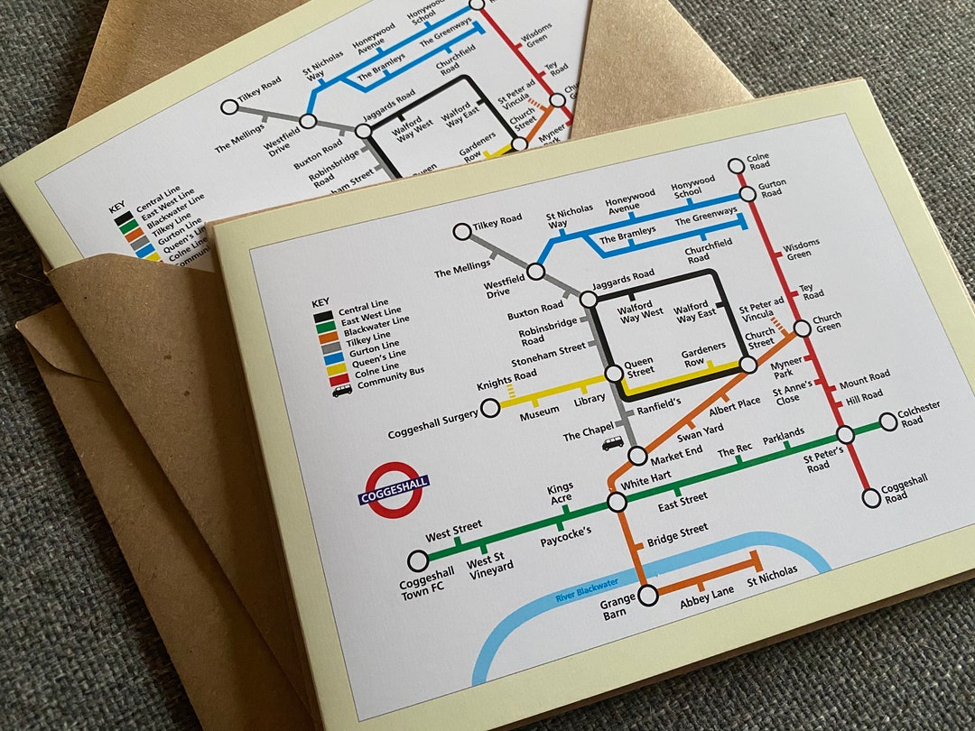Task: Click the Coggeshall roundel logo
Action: [394, 490]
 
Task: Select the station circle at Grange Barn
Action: [649, 595]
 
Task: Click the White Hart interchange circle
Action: [617, 502]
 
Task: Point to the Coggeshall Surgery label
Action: [432, 432]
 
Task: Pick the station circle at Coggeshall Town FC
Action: [417, 560]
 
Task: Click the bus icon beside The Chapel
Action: [613, 444]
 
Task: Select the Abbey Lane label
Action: [707, 597]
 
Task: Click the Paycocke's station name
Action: [566, 532]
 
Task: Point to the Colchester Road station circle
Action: [888, 421]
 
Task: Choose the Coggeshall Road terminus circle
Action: [871, 497]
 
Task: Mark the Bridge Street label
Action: [677, 534]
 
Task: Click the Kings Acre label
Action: [560, 494]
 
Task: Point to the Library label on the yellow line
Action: [590, 399]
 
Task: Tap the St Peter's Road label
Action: [823, 458]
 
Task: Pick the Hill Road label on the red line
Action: [864, 396]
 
